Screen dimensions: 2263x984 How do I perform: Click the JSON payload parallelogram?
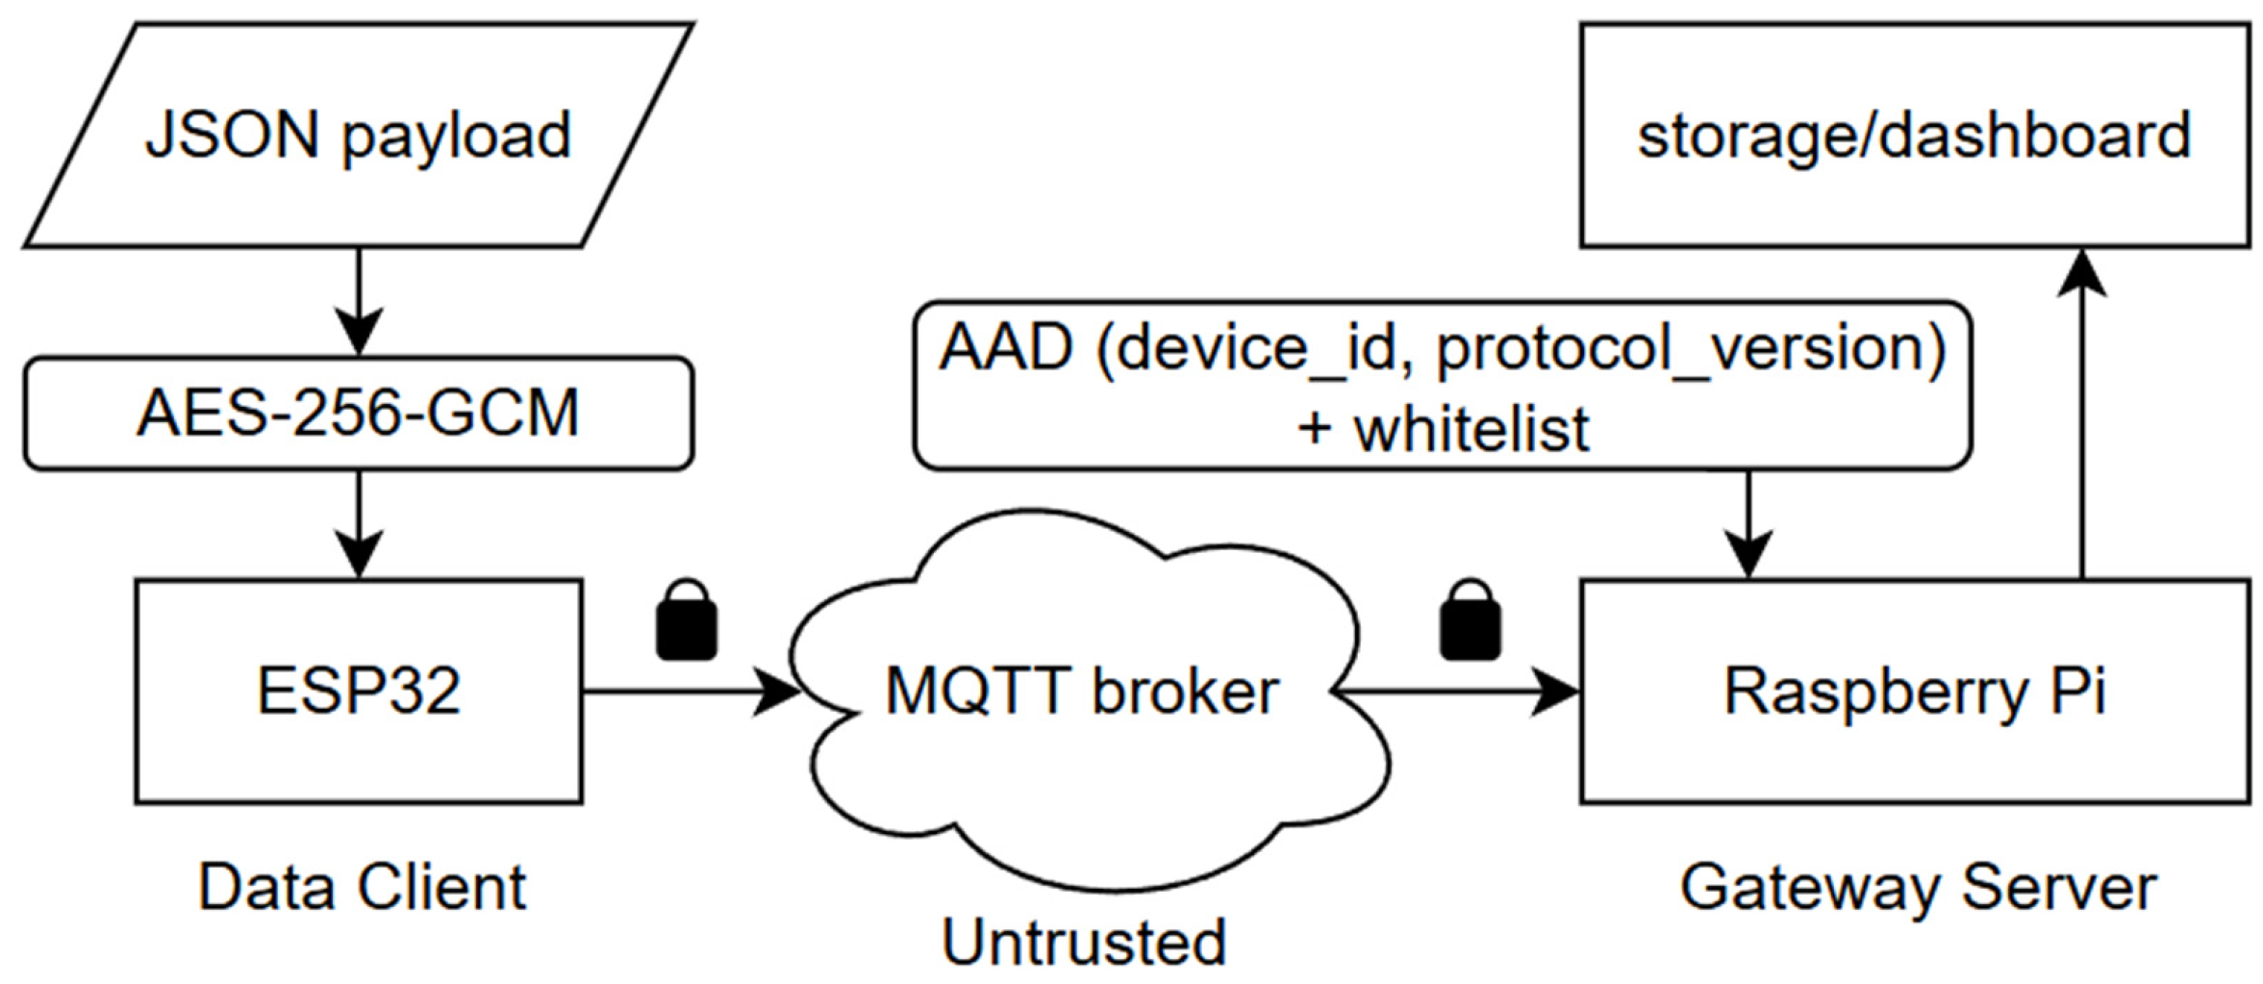pyautogui.click(x=358, y=136)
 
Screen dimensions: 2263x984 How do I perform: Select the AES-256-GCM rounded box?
pyautogui.click(x=358, y=414)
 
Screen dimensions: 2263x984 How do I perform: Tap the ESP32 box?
pyautogui.click(x=358, y=691)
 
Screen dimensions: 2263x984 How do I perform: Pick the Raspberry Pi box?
pyautogui.click(x=1914, y=691)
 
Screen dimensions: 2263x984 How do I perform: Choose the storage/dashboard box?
pyautogui.click(x=1914, y=136)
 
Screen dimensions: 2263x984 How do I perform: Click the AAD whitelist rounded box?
pyautogui.click(x=1442, y=386)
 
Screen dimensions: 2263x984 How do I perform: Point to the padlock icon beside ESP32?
pyautogui.click(x=686, y=619)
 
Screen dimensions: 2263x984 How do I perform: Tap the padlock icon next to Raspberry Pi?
pyautogui.click(x=1470, y=619)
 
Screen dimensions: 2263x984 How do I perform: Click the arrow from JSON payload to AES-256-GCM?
pyautogui.click(x=359, y=302)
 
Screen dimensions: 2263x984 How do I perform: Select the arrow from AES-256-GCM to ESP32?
pyautogui.click(x=359, y=524)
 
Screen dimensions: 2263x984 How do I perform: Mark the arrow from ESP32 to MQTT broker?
pyautogui.click(x=691, y=691)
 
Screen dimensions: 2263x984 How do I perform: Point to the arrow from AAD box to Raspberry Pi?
pyautogui.click(x=1748, y=524)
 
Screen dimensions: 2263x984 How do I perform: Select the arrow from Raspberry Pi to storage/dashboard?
pyautogui.click(x=2082, y=414)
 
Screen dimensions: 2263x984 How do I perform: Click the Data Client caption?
pyautogui.click(x=362, y=887)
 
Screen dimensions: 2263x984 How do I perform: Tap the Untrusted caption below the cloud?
pyautogui.click(x=1084, y=942)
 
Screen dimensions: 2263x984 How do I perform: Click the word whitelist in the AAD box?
pyautogui.click(x=1471, y=429)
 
